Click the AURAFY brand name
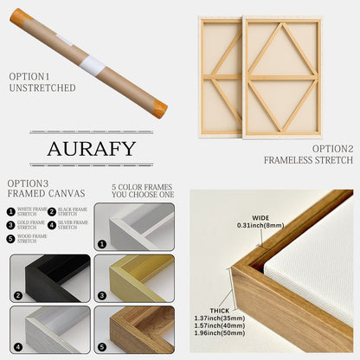[x=91, y=148]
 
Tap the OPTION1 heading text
[x=30, y=76]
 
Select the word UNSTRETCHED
[x=42, y=88]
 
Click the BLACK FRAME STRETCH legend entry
[x=71, y=211]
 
